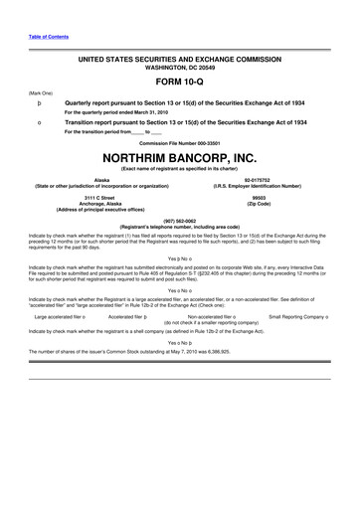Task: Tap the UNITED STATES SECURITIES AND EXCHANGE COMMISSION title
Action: coord(180,60)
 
